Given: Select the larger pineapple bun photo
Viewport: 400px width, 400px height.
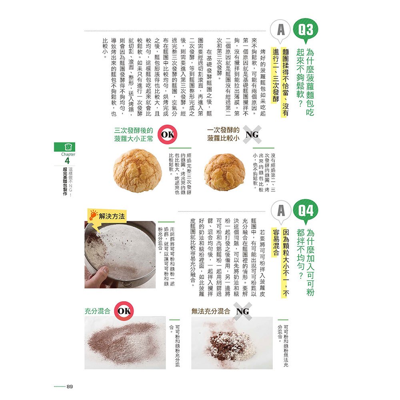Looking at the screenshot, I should [x=137, y=170].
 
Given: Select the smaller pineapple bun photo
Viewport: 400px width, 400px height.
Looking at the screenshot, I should [x=224, y=172].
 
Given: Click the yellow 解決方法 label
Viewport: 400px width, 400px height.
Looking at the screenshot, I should [x=111, y=216].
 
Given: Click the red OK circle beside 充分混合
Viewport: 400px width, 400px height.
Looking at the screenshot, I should [x=124, y=311].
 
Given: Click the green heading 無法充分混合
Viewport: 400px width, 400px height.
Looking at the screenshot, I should [x=211, y=311].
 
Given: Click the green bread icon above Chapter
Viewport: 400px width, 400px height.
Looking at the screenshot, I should [x=67, y=147].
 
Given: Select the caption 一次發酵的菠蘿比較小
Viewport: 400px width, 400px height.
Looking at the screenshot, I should [x=223, y=134].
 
